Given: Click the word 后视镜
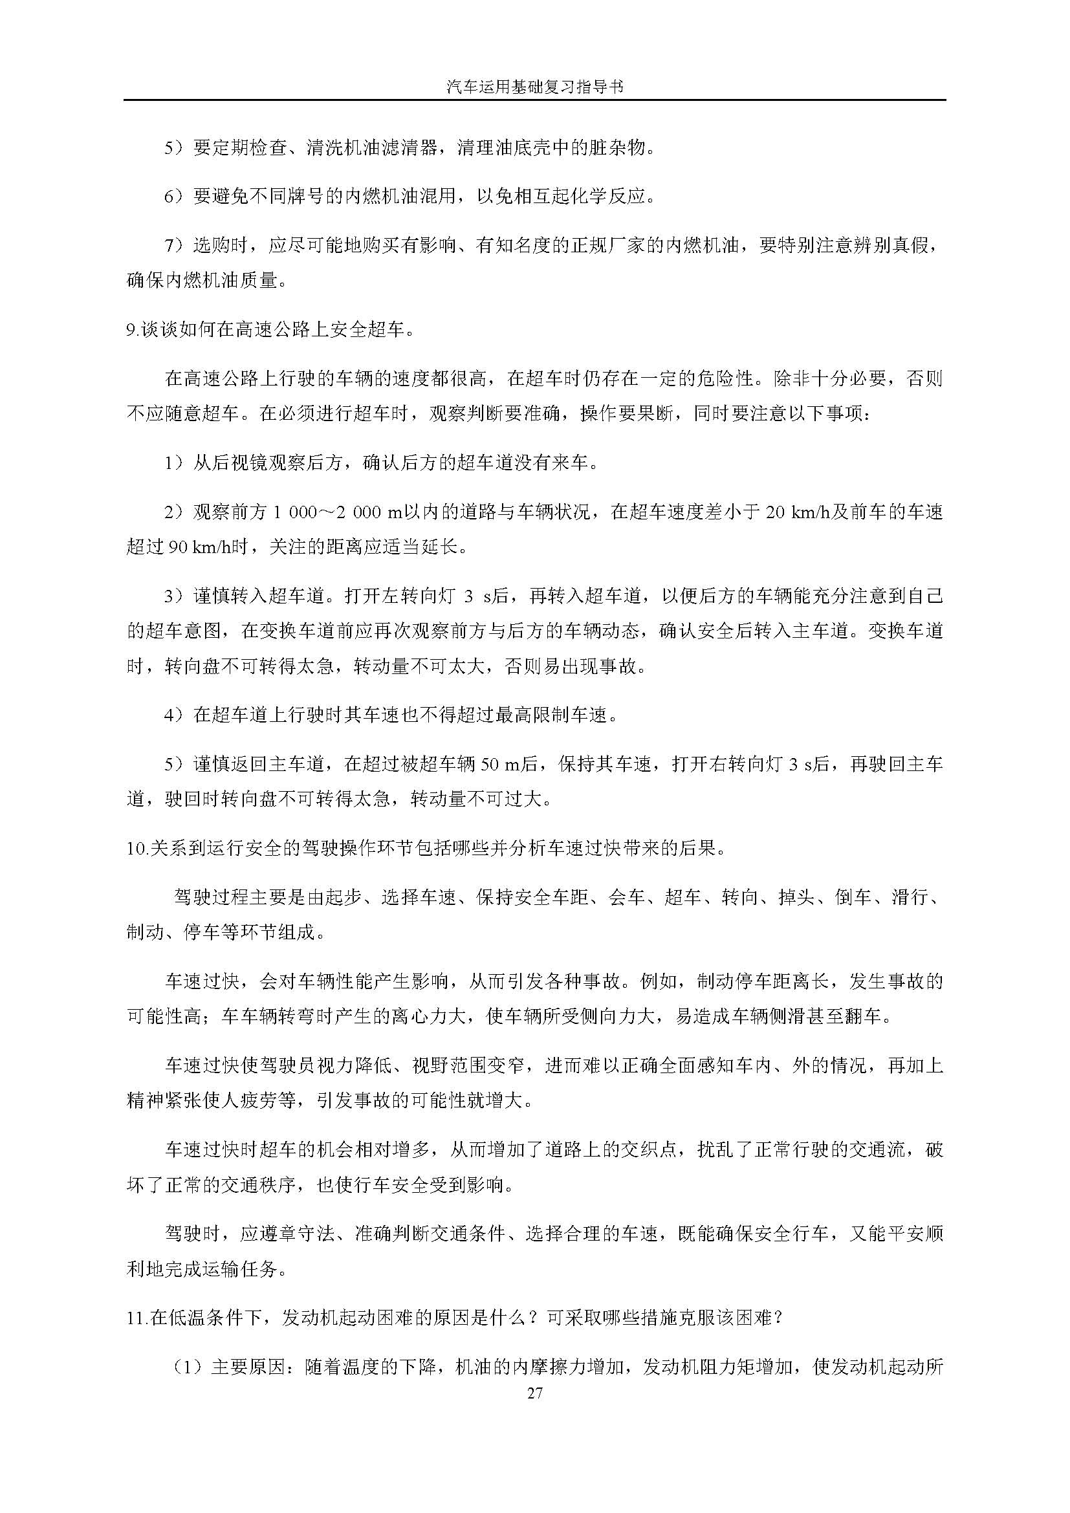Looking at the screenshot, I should [x=240, y=463].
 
